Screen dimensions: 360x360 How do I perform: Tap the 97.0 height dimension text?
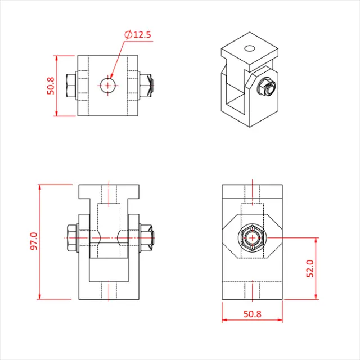tap(33, 242)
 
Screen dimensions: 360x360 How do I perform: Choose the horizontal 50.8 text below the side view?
tap(252, 314)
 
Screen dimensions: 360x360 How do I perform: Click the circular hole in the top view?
tap(108, 85)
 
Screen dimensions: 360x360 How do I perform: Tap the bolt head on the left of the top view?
tap(71, 85)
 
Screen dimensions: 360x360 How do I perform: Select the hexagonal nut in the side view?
tap(252, 238)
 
